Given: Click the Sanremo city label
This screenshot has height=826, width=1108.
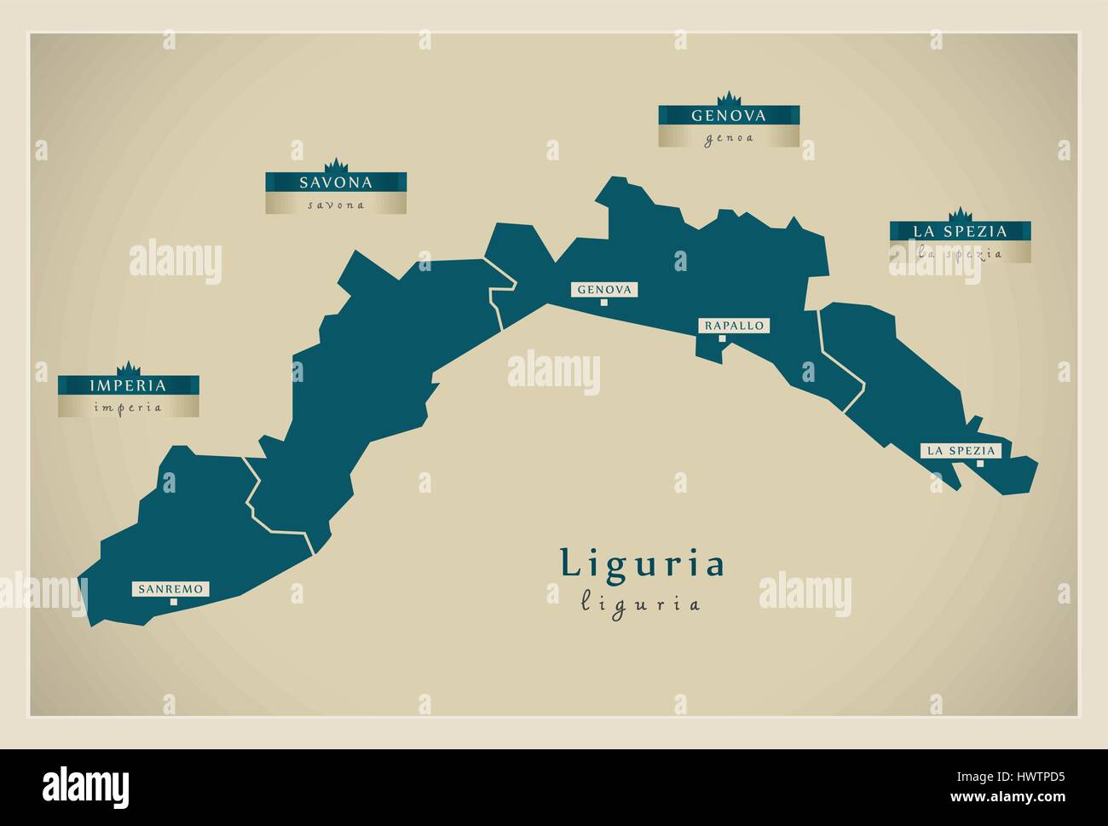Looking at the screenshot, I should [x=170, y=588].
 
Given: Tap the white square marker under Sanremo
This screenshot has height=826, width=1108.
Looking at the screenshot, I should [x=173, y=602].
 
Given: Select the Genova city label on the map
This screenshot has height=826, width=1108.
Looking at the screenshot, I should [x=604, y=290].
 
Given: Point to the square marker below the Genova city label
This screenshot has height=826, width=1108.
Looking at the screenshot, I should [x=603, y=302].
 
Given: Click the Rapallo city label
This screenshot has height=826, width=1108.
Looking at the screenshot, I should [x=734, y=326].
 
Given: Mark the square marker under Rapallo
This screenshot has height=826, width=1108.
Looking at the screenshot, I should [x=721, y=338].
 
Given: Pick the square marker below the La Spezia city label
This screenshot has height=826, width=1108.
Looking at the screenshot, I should [x=980, y=464].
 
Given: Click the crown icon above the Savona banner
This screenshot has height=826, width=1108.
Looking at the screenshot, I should [x=336, y=165].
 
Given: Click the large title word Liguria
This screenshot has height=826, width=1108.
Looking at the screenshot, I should [x=642, y=563].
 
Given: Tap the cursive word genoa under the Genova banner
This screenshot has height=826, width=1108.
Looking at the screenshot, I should [x=729, y=138].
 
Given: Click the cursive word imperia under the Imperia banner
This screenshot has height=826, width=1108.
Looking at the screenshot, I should [x=129, y=407].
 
